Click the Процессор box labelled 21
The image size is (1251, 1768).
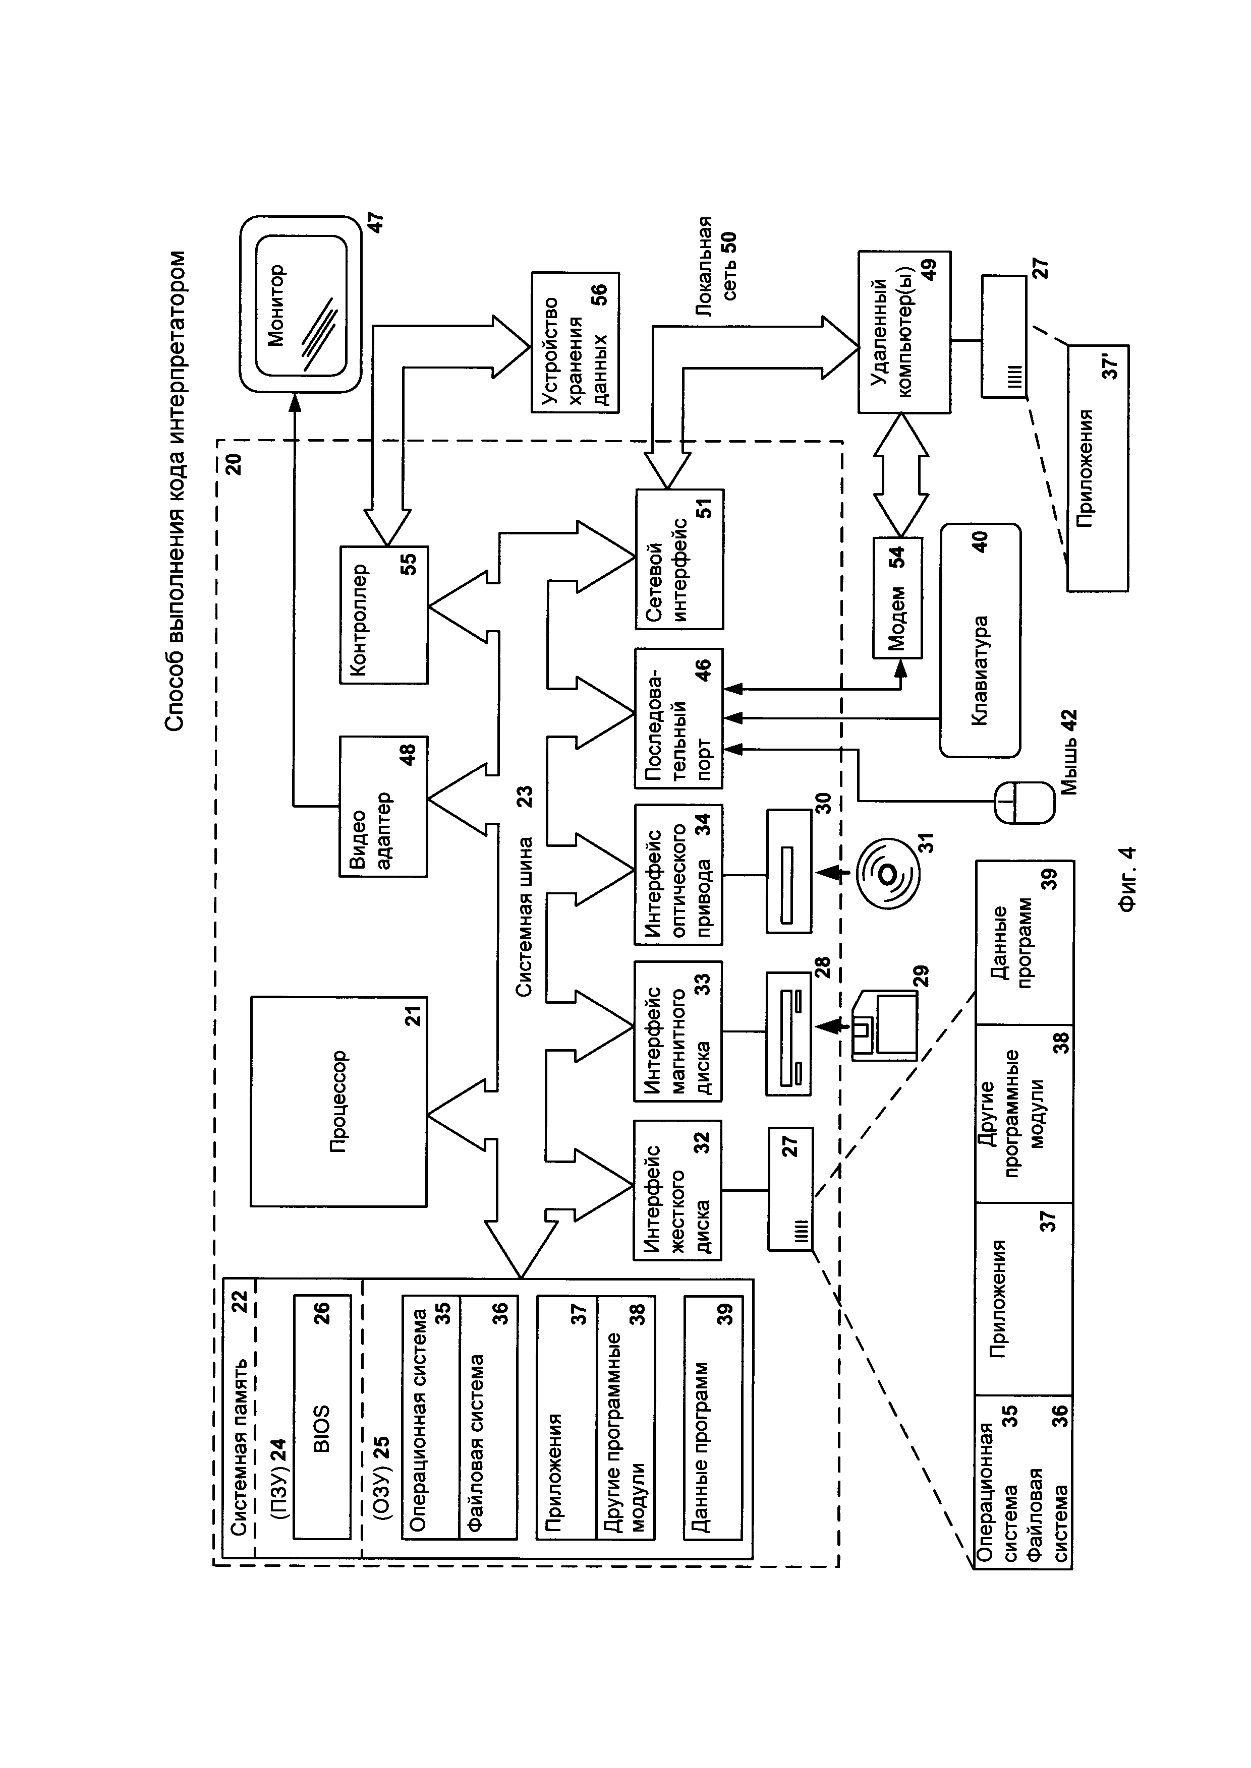point(338,1101)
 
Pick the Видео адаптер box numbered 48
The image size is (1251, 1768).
point(383,806)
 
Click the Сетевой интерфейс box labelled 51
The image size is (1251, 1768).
point(678,558)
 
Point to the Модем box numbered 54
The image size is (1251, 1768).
point(897,597)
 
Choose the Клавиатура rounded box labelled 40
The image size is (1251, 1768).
point(980,640)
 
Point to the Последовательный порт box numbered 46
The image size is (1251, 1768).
point(678,718)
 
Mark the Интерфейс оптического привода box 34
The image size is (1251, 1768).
point(678,875)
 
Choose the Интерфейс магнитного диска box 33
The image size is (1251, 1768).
point(678,1031)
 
